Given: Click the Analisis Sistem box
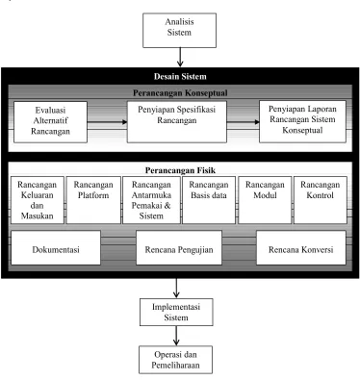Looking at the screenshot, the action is click(x=179, y=31).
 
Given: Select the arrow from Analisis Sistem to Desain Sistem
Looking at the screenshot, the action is click(x=180, y=57).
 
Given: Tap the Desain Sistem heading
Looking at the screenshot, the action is click(x=180, y=76).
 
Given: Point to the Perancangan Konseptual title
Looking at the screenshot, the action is click(x=180, y=93).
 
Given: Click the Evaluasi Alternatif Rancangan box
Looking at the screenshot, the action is click(x=50, y=122).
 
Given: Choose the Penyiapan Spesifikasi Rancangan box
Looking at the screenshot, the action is click(x=177, y=122).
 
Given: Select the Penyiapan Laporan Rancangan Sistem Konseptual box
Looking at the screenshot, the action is click(x=302, y=121).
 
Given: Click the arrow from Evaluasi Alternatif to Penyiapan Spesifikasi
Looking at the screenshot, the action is click(x=107, y=122).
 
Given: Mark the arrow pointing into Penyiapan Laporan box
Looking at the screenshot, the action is click(x=243, y=122).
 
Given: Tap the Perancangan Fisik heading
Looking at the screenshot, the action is click(x=180, y=170).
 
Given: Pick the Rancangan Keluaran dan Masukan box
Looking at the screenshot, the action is click(x=38, y=200).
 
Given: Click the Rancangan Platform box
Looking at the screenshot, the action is click(x=93, y=200).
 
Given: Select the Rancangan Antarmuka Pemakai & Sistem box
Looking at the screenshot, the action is click(x=151, y=200).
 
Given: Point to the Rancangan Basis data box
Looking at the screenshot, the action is click(x=209, y=200).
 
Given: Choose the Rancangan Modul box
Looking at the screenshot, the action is click(x=265, y=200).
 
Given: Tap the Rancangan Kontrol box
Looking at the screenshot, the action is click(x=321, y=200).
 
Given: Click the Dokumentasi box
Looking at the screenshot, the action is click(x=56, y=247).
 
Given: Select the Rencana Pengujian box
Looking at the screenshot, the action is click(x=179, y=247).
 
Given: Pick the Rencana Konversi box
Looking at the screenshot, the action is click(x=301, y=247).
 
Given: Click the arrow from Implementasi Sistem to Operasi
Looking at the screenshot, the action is click(x=176, y=336).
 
